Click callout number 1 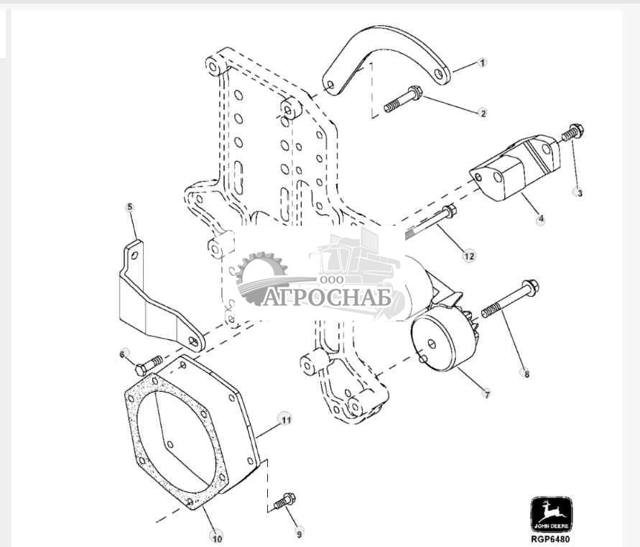pos(483,63)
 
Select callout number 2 pos(483,113)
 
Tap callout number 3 pos(578,192)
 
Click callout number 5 pos(130,207)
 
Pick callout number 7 pos(486,395)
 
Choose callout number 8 pos(527,373)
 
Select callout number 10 pos(217,535)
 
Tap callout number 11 pos(285,418)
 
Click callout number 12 pos(469,256)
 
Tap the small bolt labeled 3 pos(572,133)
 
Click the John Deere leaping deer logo pos(550,513)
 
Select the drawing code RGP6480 pos(550,539)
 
